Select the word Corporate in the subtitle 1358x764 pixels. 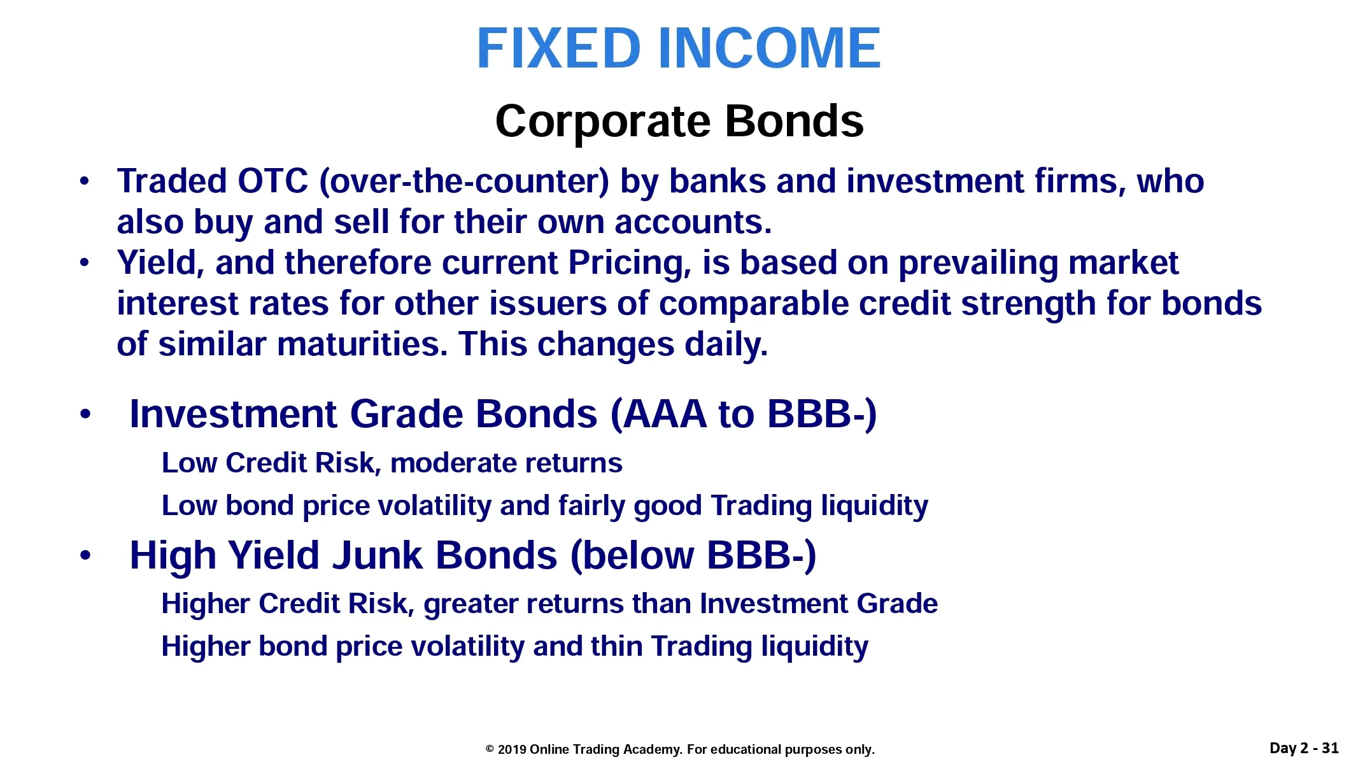point(602,121)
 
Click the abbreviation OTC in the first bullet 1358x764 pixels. point(272,181)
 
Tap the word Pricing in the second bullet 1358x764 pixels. point(625,263)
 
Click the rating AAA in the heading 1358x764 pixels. point(665,414)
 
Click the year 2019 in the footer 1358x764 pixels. point(511,749)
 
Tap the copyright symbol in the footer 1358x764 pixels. point(490,749)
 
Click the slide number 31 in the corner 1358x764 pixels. point(1330,748)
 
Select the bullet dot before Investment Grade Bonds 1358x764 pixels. point(85,415)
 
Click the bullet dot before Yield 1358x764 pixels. point(84,262)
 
